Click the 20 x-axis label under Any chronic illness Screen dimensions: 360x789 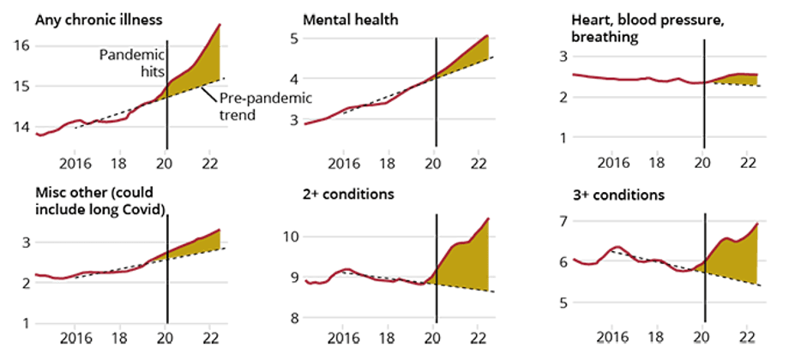(166, 159)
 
